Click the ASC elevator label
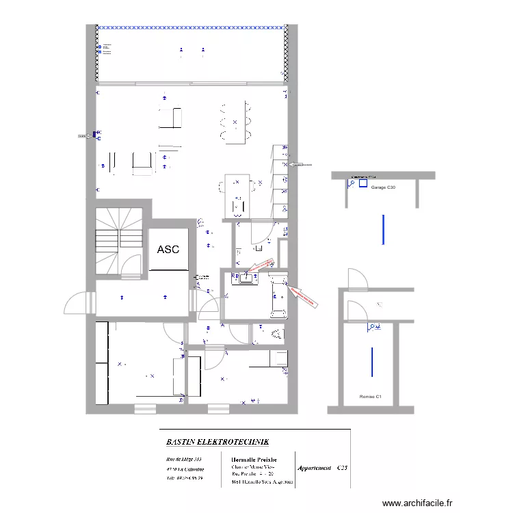[168, 250]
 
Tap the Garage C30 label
[382, 187]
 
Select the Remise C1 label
[370, 397]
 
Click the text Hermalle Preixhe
[254, 459]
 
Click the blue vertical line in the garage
[383, 230]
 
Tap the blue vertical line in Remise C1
[371, 362]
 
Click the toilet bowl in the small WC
[276, 334]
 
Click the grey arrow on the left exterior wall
[84, 136]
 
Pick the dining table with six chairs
[235, 122]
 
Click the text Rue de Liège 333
[184, 459]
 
